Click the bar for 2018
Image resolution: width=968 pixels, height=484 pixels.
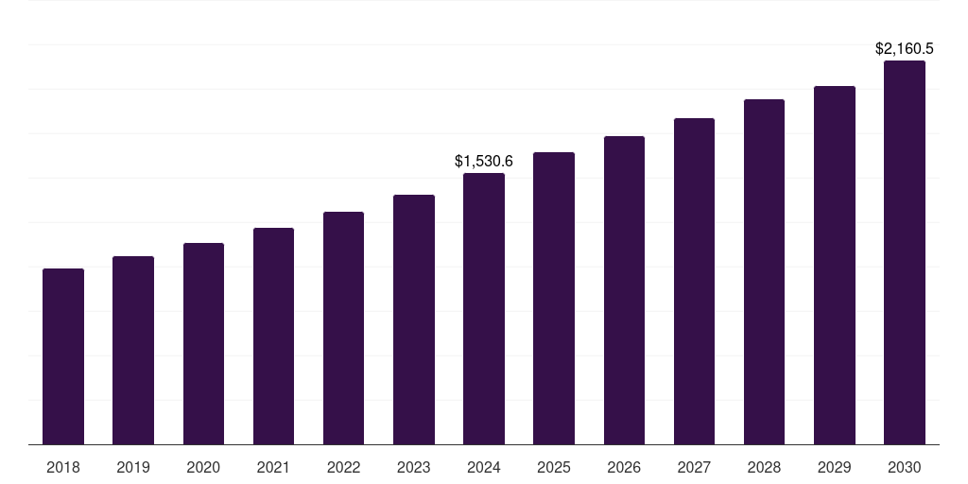63,356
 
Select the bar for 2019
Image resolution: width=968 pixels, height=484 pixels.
133,350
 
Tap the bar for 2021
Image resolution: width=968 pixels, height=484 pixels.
273,336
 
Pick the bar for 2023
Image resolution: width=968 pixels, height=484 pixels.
414,320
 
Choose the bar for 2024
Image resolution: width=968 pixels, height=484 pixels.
484,308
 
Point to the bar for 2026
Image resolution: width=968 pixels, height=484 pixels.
624,290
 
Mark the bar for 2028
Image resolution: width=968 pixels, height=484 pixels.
764,271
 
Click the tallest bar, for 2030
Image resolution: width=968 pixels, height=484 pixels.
905,252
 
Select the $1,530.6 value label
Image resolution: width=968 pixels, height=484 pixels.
484,162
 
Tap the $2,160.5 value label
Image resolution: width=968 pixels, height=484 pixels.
905,48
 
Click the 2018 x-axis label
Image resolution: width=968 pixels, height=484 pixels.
63,467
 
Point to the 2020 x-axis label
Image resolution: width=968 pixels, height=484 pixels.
203,467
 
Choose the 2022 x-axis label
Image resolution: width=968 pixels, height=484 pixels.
343,467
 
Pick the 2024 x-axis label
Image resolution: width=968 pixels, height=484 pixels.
484,467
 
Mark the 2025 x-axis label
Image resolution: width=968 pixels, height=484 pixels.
554,467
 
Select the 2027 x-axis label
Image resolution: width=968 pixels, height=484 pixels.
694,467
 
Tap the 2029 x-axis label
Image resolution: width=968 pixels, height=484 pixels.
835,467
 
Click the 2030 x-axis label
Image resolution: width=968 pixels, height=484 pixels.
905,467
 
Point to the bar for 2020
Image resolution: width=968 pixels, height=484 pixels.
203,343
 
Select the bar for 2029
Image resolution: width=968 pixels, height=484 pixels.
835,265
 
